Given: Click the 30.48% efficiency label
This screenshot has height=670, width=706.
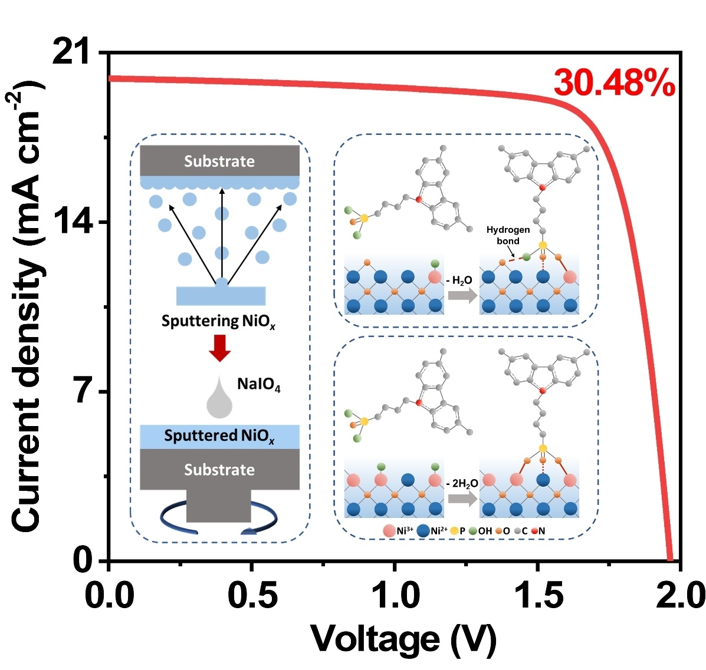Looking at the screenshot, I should point(614,83).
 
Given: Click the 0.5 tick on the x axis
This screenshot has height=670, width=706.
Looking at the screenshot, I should point(252,595).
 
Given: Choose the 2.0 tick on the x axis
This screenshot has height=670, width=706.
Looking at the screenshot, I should point(679,595).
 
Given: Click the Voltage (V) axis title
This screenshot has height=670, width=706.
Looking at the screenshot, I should point(403,638).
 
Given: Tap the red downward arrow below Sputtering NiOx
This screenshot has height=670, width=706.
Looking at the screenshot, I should point(220,347).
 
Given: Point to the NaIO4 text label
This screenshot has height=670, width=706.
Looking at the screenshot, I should point(258,385).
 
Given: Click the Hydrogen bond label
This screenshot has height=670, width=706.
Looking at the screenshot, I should point(508,235).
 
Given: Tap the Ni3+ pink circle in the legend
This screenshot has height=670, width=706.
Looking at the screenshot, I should point(389,530).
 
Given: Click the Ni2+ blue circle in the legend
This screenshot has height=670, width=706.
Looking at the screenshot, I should point(423,530).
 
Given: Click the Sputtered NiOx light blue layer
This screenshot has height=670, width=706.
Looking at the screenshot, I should point(219,436).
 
